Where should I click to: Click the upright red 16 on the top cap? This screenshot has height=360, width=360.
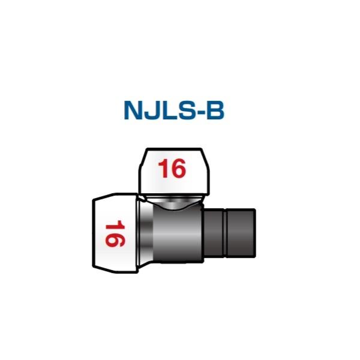tap(172, 169)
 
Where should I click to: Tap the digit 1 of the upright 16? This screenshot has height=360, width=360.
tap(163, 169)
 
